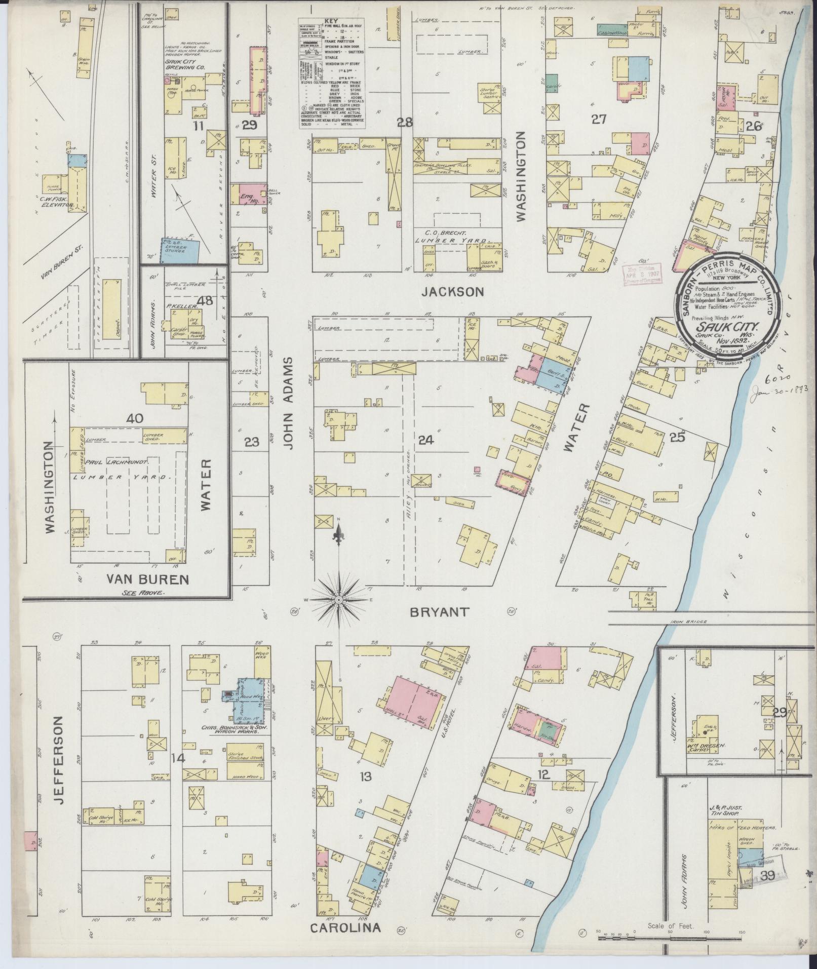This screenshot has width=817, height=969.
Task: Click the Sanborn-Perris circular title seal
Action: click(728, 305)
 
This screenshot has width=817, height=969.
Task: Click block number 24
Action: click(426, 440)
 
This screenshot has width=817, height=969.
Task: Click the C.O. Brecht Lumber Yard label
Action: click(452, 237)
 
